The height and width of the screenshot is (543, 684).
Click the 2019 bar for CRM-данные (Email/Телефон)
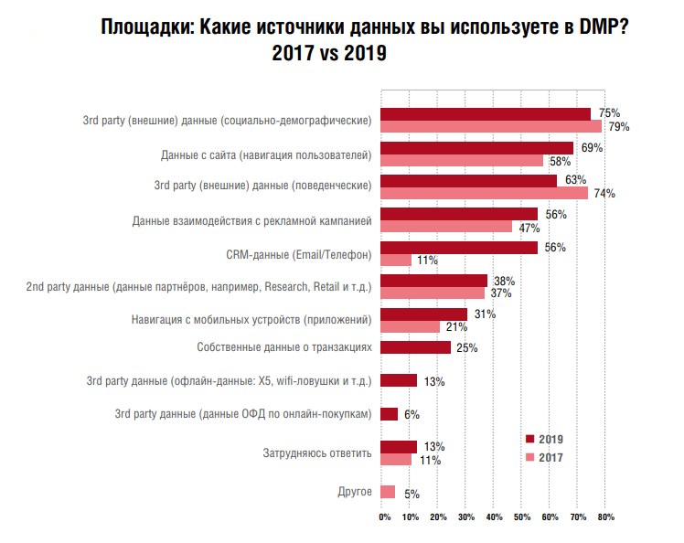click(x=458, y=248)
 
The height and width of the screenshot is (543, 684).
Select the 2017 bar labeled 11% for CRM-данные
click(x=395, y=261)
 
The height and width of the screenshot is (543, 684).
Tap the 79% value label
click(x=619, y=127)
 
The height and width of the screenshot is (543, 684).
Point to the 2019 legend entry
click(x=543, y=439)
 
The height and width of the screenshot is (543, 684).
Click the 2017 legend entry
click(x=543, y=456)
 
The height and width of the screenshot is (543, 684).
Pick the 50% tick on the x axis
click(x=521, y=518)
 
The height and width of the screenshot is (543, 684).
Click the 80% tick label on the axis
click(x=605, y=518)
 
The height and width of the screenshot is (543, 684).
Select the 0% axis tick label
click(x=385, y=518)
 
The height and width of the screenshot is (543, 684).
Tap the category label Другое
click(x=355, y=492)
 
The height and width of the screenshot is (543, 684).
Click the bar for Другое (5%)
click(x=387, y=492)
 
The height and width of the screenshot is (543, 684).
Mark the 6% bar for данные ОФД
click(x=389, y=414)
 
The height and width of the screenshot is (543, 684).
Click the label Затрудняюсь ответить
click(x=316, y=453)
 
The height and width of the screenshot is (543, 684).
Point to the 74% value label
click(x=604, y=194)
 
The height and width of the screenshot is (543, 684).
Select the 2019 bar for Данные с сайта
click(x=476, y=148)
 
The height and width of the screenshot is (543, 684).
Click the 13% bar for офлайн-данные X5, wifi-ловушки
click(x=398, y=380)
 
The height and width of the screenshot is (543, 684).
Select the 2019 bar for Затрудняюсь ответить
click(x=398, y=447)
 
